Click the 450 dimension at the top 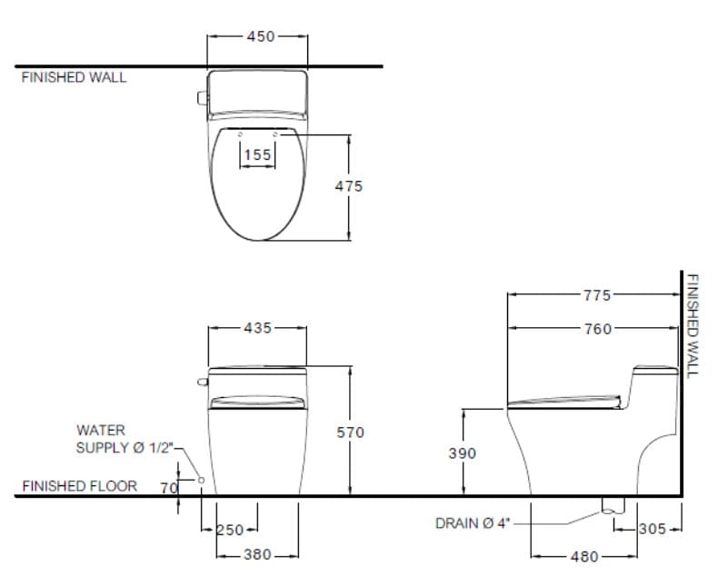tap(259, 37)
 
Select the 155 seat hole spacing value tap(258, 155)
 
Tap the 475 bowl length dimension tap(349, 186)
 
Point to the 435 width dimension tap(258, 328)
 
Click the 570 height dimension tap(350, 433)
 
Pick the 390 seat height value tap(463, 453)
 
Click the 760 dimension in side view tap(597, 329)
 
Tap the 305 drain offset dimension tap(653, 529)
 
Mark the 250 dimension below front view tap(230, 530)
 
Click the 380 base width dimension tap(258, 554)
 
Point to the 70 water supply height tap(168, 488)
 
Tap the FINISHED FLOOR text tap(80, 486)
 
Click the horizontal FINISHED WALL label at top tap(75, 77)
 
